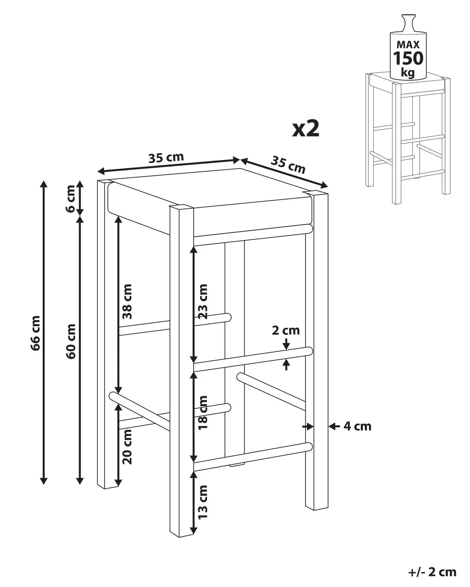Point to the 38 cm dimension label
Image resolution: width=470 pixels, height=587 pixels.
[127, 301]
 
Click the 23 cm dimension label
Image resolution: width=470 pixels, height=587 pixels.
[203, 301]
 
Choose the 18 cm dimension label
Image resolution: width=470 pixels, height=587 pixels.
[203, 413]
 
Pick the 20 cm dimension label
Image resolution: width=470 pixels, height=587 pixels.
[127, 447]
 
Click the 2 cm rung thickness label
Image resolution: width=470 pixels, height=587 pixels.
[286, 331]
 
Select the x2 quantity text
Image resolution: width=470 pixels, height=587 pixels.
[306, 129]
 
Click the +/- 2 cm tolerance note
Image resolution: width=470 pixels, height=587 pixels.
[432, 570]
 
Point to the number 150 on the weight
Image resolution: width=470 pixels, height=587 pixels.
[408, 58]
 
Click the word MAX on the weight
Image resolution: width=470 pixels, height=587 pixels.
[408, 45]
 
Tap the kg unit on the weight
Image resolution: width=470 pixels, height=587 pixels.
[408, 73]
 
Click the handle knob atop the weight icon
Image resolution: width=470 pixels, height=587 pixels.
[408, 23]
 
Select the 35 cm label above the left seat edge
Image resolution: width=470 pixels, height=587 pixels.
[166, 157]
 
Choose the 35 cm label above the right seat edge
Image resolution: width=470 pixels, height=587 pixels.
[288, 165]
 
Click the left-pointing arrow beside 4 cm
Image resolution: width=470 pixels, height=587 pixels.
[334, 426]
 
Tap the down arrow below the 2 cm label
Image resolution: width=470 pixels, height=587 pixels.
[286, 344]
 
